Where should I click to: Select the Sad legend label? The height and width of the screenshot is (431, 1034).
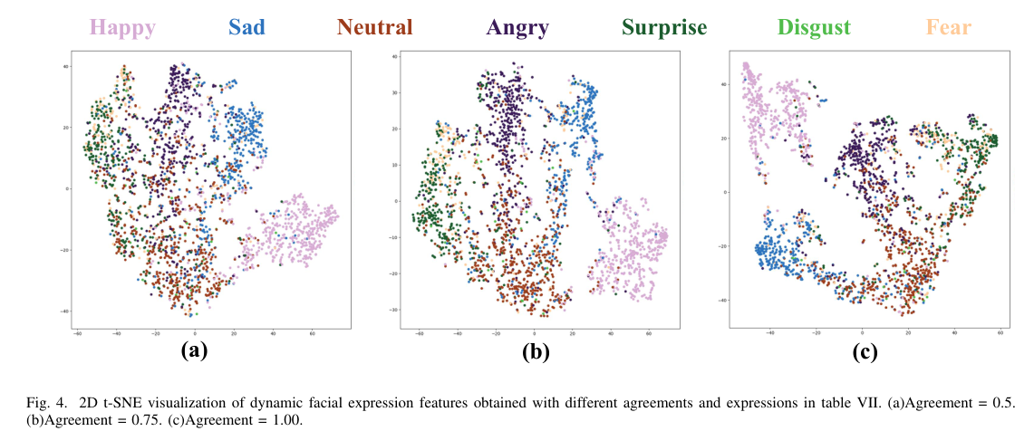[x=247, y=27]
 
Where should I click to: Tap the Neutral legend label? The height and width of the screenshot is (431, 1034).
[x=374, y=27]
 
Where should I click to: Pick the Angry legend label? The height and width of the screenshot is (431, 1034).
[x=517, y=27]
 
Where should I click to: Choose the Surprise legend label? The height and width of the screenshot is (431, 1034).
[x=664, y=27]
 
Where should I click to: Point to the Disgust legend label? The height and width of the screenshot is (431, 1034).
[x=813, y=27]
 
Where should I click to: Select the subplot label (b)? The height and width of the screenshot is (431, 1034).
[x=536, y=352]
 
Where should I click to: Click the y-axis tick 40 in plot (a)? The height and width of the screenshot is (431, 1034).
[x=66, y=67]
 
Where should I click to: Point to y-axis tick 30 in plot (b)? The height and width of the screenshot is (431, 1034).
[x=396, y=91]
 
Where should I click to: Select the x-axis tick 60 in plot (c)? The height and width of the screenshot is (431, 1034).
[x=1000, y=334]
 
